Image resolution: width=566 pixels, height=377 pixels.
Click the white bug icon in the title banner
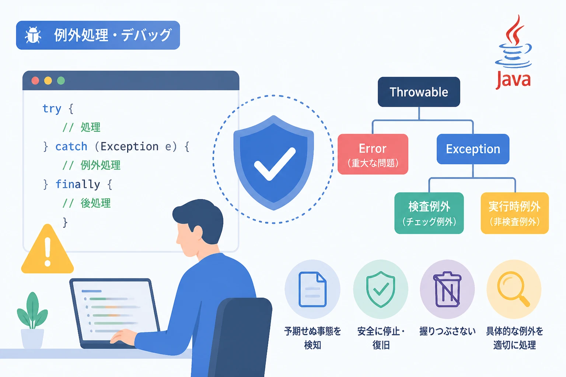point(33,35)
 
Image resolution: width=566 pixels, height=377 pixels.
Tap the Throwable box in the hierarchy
point(419,92)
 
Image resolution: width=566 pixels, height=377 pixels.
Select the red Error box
point(373,154)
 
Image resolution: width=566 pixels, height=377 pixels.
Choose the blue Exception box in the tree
point(473,149)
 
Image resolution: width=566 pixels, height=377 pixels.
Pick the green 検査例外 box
point(429,213)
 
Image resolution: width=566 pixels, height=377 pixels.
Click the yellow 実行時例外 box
point(514,213)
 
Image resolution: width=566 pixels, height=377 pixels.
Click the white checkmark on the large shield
point(274,164)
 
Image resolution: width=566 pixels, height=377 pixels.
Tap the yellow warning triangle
point(48,249)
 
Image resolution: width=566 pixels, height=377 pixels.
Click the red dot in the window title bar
point(35,81)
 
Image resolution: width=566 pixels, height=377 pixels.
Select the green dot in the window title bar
point(61,81)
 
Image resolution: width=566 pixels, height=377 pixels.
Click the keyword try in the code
point(52,109)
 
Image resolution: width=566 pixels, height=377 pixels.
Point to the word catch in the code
point(71,147)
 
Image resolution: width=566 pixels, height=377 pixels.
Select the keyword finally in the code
point(78,184)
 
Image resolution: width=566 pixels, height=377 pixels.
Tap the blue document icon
point(312,289)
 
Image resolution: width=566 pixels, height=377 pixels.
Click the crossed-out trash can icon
point(447,289)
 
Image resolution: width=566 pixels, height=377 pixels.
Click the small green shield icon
point(381,289)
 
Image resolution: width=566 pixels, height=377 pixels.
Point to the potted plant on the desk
point(32,320)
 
